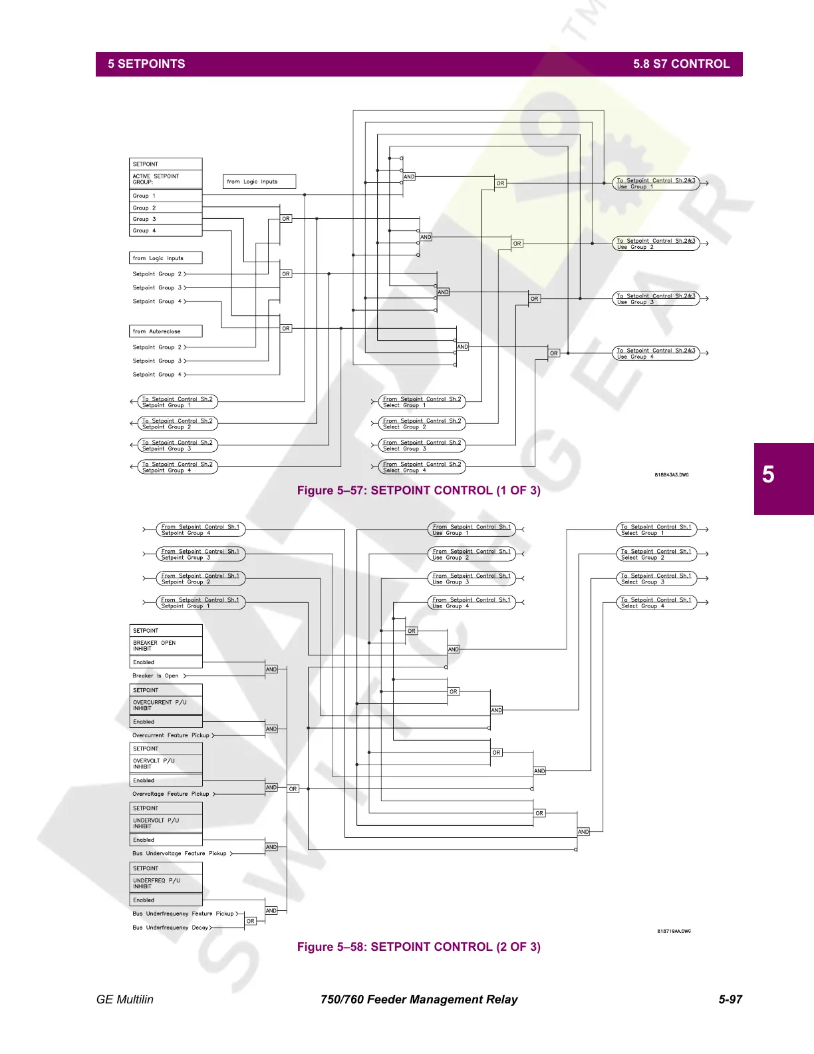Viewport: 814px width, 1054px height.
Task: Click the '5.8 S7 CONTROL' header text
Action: (x=681, y=64)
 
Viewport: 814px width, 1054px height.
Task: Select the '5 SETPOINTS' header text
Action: (x=146, y=64)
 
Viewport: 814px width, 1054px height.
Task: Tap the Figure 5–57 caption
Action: (x=418, y=490)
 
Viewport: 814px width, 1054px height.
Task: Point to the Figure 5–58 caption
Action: (x=418, y=947)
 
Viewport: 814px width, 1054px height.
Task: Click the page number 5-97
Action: (x=730, y=999)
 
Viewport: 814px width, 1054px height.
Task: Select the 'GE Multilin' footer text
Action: (x=125, y=999)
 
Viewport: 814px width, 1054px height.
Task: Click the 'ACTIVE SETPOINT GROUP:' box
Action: (x=166, y=179)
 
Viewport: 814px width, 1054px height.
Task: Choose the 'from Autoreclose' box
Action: (x=166, y=331)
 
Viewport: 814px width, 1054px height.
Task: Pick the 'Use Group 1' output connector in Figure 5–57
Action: (x=656, y=184)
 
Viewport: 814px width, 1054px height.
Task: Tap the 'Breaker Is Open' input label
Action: (x=156, y=676)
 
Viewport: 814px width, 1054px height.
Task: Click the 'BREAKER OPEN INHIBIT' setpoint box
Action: (x=166, y=645)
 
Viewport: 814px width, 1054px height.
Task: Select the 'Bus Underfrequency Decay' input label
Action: (x=170, y=928)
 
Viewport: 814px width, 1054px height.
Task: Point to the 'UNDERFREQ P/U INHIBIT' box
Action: (x=166, y=883)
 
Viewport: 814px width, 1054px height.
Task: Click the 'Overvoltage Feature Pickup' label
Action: (x=171, y=794)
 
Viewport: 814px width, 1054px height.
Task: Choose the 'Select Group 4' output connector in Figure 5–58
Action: (x=656, y=603)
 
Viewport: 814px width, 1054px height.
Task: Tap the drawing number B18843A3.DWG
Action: (x=672, y=475)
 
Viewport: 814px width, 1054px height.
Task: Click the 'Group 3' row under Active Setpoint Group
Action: (x=166, y=219)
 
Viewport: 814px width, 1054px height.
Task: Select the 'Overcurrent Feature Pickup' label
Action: (x=171, y=735)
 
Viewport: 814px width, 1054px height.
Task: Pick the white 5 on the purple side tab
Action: (x=768, y=475)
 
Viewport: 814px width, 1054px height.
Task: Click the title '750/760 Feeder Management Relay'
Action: (x=418, y=999)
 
